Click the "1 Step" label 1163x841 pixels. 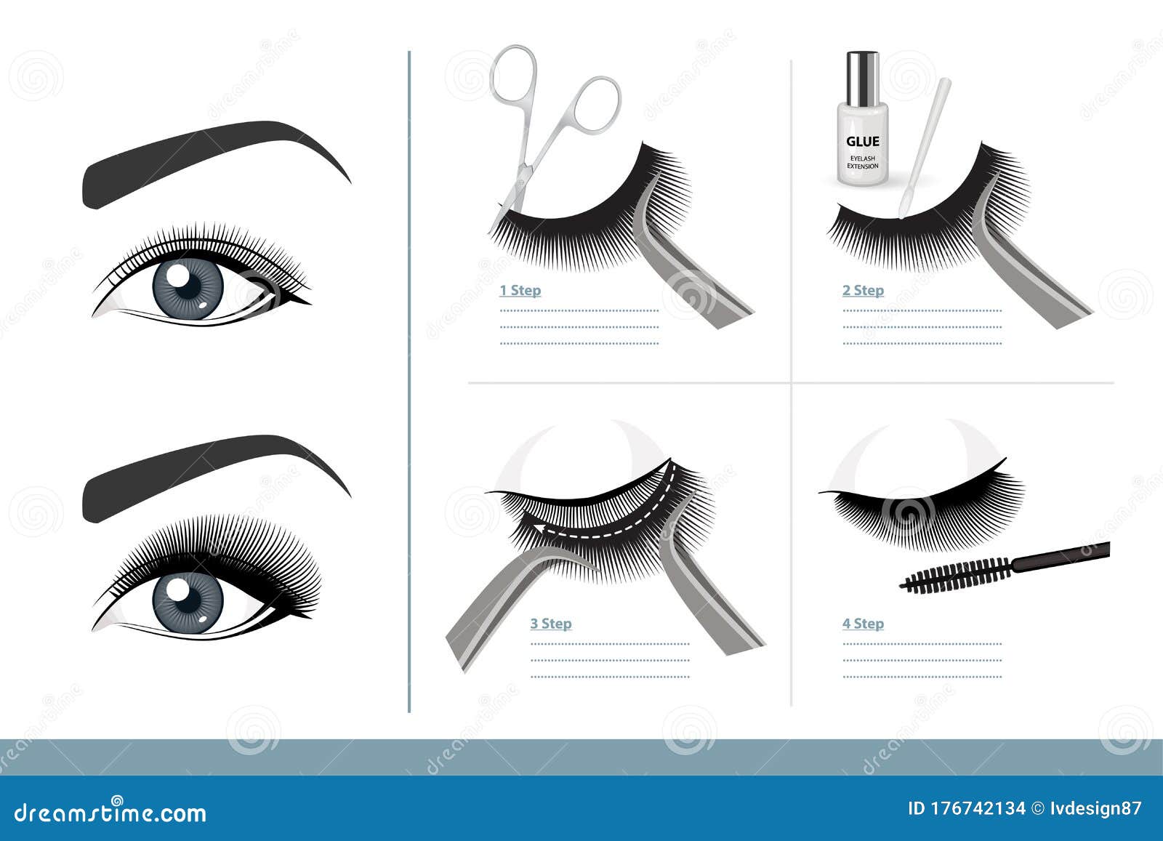click(x=520, y=290)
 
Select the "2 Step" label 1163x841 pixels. click(x=863, y=290)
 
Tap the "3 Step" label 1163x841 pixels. click(x=551, y=624)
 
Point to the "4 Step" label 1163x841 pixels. click(x=863, y=624)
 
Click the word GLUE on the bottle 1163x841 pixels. click(x=863, y=141)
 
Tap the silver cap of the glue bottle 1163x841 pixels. click(x=862, y=78)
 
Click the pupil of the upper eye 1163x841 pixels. click(x=188, y=286)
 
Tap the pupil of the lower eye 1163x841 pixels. click(x=188, y=600)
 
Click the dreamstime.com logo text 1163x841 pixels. click(x=110, y=813)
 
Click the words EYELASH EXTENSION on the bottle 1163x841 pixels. click(x=863, y=162)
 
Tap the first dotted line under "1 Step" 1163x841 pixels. click(x=579, y=311)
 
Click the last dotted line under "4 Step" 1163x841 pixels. click(x=922, y=677)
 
